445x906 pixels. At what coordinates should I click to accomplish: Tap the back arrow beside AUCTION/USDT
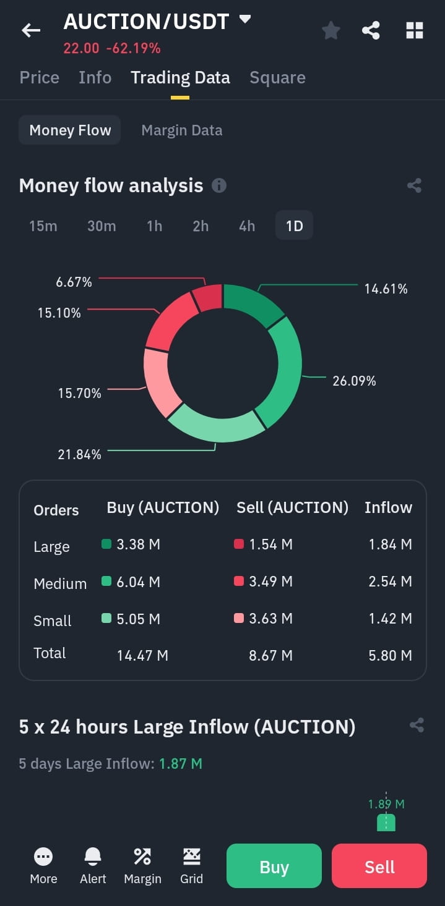[31, 30]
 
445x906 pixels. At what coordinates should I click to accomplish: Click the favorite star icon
[331, 30]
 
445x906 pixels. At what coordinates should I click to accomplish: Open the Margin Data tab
[182, 130]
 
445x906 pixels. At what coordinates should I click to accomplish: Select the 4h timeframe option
[246, 226]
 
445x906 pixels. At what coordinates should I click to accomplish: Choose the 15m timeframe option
[43, 226]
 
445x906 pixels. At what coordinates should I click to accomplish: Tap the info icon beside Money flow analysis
[219, 185]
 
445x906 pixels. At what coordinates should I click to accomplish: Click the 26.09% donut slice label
[354, 381]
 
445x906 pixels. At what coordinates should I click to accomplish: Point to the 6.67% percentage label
[74, 282]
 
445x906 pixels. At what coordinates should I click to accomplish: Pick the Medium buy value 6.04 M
[138, 582]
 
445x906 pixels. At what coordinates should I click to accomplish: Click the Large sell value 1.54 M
[270, 544]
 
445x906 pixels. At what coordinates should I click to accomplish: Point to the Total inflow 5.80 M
[390, 655]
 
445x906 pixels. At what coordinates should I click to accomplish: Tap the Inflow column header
[388, 507]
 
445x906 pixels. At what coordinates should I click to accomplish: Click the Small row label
[53, 620]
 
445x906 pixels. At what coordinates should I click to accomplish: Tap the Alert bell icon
[93, 856]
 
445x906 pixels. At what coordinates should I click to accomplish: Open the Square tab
[277, 77]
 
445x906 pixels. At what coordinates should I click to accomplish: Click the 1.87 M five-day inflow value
[181, 764]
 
